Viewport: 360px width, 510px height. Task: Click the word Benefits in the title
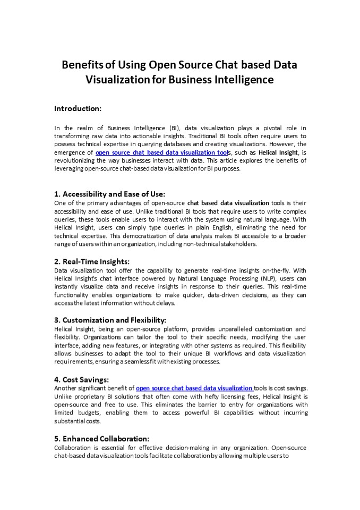(x=83, y=65)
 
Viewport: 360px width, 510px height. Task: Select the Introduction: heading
(x=78, y=108)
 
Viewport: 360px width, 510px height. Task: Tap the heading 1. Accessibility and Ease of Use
(x=109, y=194)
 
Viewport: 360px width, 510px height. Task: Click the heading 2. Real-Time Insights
(x=92, y=261)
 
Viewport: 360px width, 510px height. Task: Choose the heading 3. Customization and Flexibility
(x=110, y=320)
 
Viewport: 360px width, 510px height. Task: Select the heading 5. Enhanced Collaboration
(x=101, y=439)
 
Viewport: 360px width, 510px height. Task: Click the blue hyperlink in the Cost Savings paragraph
(x=195, y=388)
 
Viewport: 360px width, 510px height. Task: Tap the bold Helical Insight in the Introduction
(x=278, y=152)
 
